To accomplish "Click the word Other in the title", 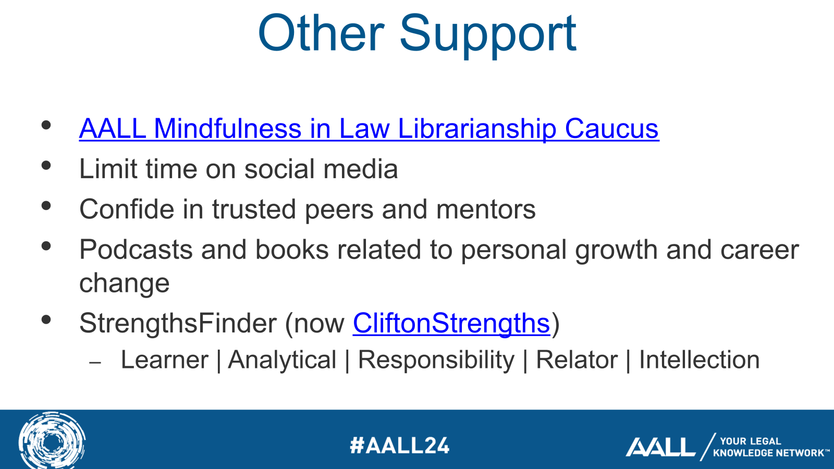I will (321, 34).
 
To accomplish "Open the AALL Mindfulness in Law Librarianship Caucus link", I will (369, 129).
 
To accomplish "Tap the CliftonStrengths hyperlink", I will (451, 323).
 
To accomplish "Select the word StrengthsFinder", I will (177, 323).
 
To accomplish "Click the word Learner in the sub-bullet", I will (164, 360).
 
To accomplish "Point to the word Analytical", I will (282, 360).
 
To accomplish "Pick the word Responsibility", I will (436, 360).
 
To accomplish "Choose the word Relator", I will (577, 360).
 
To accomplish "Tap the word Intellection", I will (699, 360).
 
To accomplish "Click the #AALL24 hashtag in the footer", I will (399, 446).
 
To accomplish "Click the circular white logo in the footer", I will (52, 441).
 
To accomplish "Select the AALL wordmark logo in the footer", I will (660, 447).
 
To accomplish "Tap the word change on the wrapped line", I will (124, 283).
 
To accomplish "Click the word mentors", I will (486, 209).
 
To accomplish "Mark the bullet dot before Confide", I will (46, 205).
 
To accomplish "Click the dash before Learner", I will (95, 362).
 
